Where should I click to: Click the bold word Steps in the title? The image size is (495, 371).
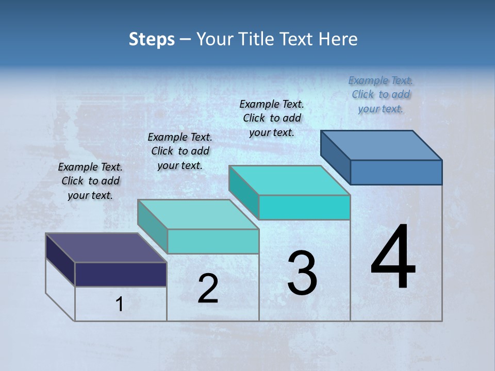[x=152, y=39]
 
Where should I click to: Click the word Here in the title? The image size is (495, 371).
[x=339, y=39]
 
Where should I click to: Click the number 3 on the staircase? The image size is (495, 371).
[x=302, y=274]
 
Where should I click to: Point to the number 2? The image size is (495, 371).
[x=208, y=289]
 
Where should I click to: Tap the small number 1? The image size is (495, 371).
[x=120, y=305]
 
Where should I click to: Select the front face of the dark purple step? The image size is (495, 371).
[x=121, y=274]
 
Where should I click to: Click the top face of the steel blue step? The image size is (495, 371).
[x=382, y=145]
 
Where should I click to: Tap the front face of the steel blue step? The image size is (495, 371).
[x=396, y=172]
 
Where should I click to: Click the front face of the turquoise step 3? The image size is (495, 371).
[x=304, y=207]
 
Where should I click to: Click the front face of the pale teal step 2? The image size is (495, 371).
[x=213, y=241]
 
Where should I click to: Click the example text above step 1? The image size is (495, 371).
[x=90, y=181]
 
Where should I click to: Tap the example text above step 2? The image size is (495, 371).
[x=180, y=151]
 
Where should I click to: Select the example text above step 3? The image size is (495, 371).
[x=272, y=118]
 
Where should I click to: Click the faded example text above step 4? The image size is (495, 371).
[x=381, y=94]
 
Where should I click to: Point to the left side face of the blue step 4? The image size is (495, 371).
[x=335, y=157]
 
